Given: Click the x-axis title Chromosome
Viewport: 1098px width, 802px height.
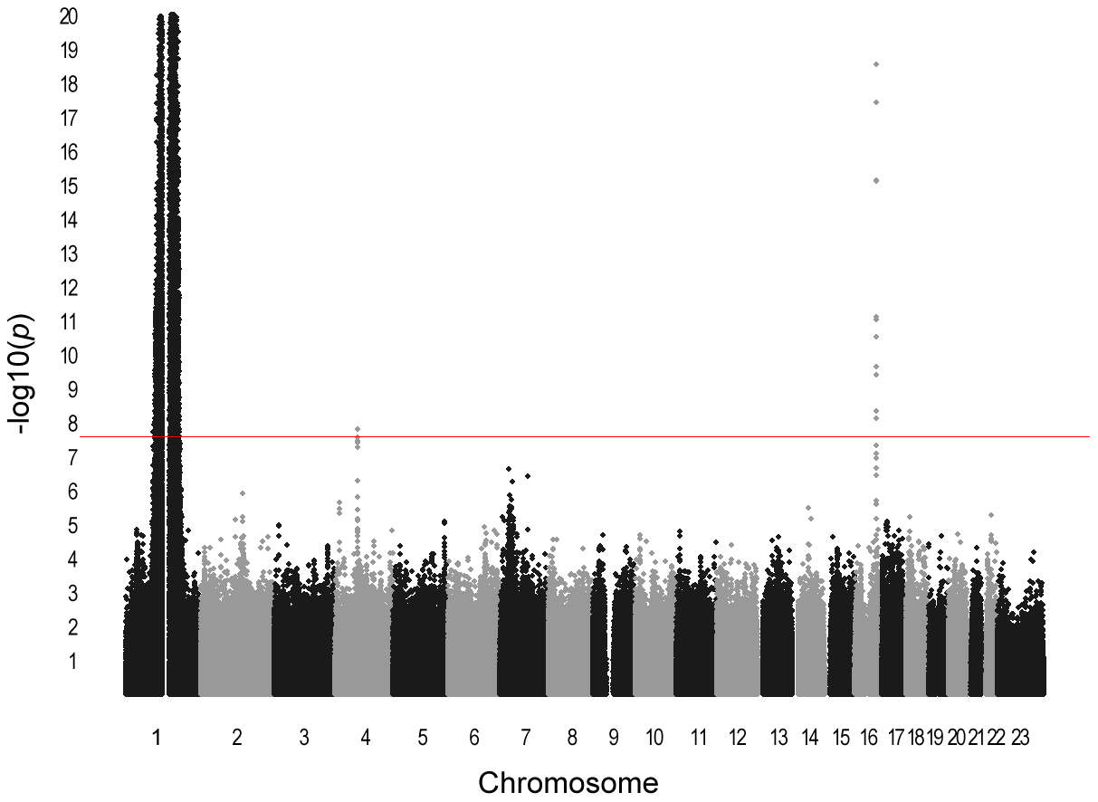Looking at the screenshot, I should click(x=568, y=781).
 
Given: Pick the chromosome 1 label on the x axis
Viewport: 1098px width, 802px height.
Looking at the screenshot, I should click(x=158, y=738).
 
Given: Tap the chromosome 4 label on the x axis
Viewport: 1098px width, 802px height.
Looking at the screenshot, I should click(x=365, y=738).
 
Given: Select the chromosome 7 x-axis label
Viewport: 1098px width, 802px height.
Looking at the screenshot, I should click(x=525, y=738).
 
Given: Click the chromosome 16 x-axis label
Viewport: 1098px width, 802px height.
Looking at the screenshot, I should click(x=869, y=738).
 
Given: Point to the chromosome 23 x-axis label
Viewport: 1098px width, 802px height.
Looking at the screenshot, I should click(x=1020, y=738).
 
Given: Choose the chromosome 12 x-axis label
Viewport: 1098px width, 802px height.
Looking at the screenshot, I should click(x=738, y=738).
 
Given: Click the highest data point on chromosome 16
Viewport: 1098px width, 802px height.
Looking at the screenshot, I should click(x=876, y=64).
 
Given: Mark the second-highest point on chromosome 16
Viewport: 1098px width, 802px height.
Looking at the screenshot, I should click(x=876, y=102).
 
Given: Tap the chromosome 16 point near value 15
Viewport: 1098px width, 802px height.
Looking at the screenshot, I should click(x=876, y=181).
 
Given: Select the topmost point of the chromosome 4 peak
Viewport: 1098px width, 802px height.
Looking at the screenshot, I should click(x=358, y=429).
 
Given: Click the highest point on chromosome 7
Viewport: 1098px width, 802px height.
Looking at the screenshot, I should click(x=509, y=469).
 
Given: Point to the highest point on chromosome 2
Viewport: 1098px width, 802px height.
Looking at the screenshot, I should click(x=243, y=493).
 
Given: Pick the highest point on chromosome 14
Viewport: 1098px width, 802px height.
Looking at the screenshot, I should click(x=808, y=508).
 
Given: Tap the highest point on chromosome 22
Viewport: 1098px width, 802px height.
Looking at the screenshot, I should click(x=991, y=515).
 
